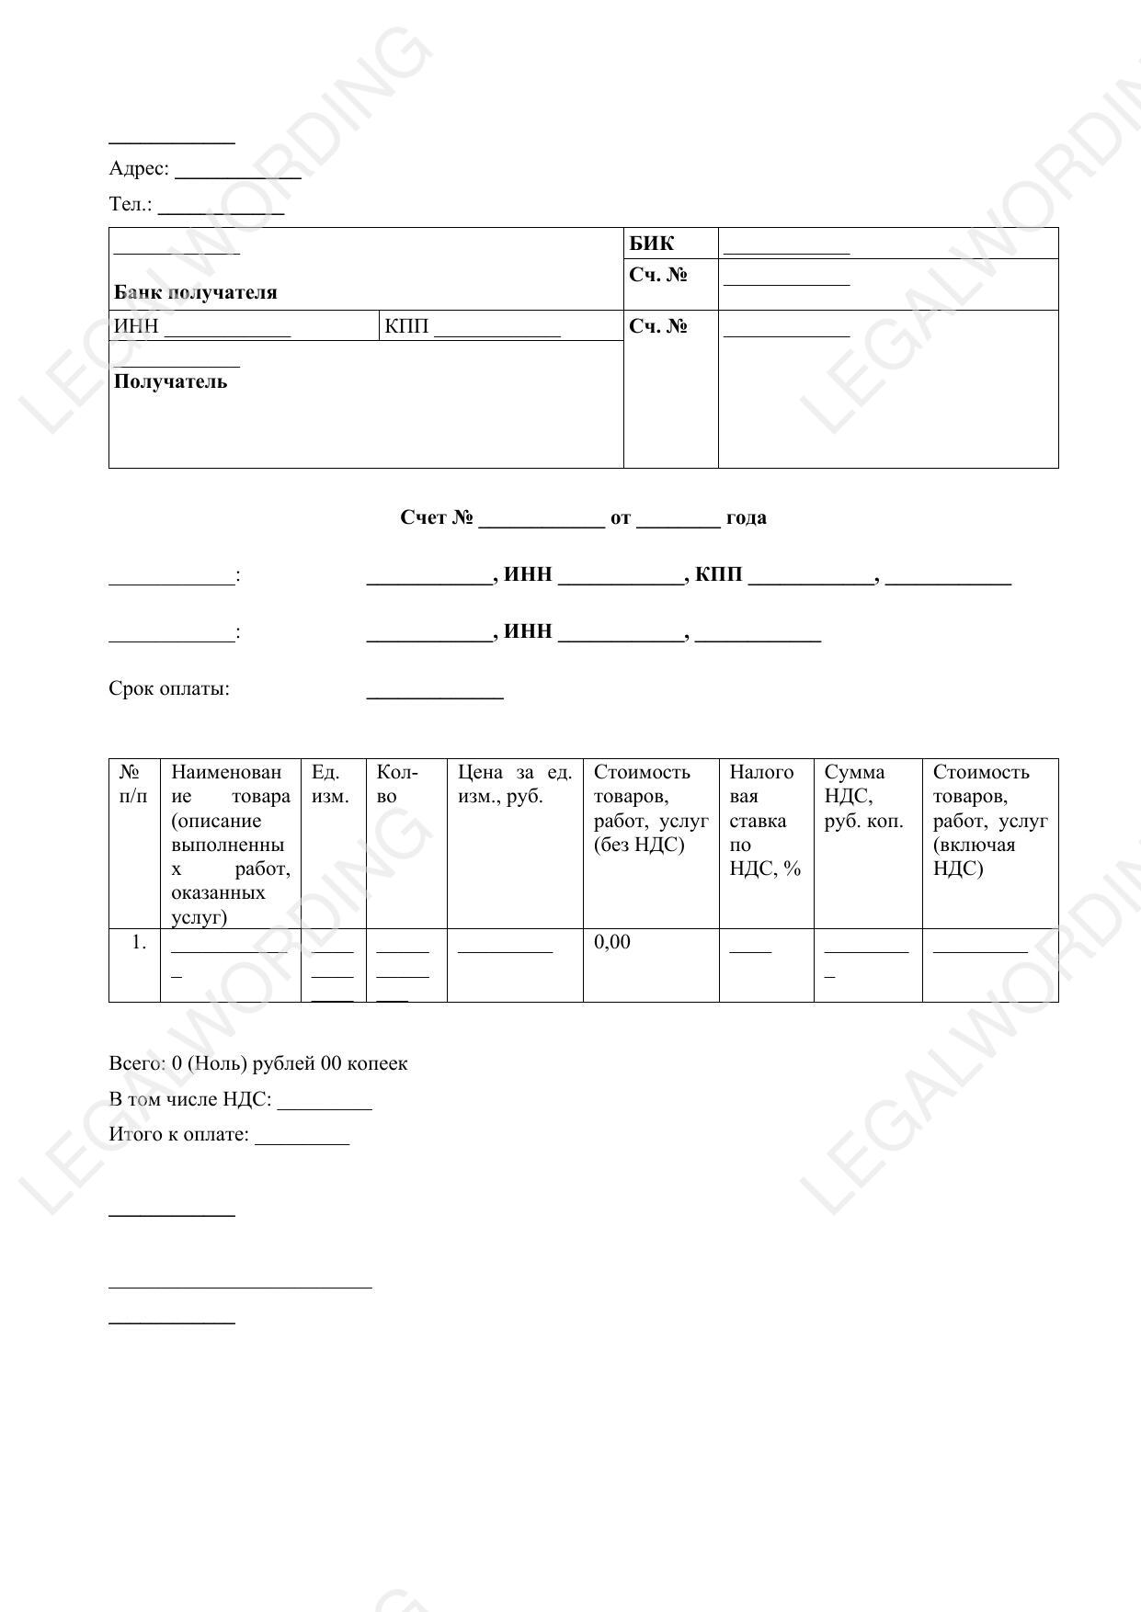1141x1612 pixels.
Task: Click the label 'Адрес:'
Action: pyautogui.click(x=139, y=169)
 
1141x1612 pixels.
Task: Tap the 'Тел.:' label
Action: pyautogui.click(x=131, y=205)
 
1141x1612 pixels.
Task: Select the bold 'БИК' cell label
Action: pyautogui.click(x=651, y=244)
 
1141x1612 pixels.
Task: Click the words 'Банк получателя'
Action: pyautogui.click(x=195, y=293)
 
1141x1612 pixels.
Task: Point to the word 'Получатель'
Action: pyautogui.click(x=170, y=382)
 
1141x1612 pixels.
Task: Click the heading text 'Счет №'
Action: pyautogui.click(x=437, y=518)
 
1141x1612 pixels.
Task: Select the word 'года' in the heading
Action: pyautogui.click(x=746, y=518)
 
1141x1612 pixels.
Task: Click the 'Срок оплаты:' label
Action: pyautogui.click(x=169, y=689)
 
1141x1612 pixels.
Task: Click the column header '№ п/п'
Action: pyautogui.click(x=133, y=784)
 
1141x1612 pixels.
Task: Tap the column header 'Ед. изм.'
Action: pyautogui.click(x=331, y=784)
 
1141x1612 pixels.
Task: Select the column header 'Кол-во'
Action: pyautogui.click(x=397, y=784)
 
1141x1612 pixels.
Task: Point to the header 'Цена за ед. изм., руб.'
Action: pyautogui.click(x=515, y=784)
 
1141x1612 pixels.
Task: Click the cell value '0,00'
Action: pyautogui.click(x=612, y=942)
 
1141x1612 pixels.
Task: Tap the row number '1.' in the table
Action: pyautogui.click(x=139, y=942)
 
